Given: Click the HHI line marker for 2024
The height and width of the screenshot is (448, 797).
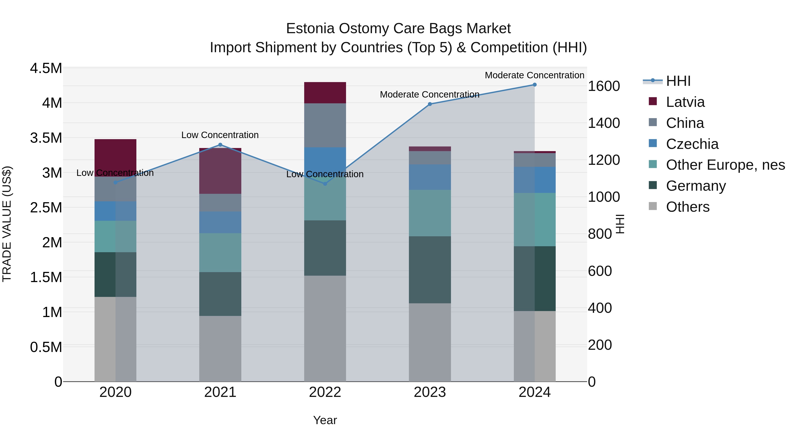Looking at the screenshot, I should [x=534, y=85].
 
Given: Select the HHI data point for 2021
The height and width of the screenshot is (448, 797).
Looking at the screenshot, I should [x=220, y=145].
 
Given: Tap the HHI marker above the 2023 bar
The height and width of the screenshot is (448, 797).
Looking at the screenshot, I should [x=430, y=104].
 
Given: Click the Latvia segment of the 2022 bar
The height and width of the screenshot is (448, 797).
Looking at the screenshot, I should [x=325, y=93].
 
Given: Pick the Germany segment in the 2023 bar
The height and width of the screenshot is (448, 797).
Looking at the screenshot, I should [x=430, y=270].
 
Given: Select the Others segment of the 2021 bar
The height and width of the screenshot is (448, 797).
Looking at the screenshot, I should [x=220, y=348].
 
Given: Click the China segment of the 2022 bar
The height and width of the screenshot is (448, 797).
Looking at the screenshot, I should [x=325, y=125].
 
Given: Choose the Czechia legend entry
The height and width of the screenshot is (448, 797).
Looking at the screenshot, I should [x=692, y=144].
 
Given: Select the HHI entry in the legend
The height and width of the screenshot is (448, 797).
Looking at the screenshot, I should [x=678, y=81].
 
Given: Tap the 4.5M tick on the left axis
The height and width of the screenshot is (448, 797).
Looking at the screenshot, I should [x=46, y=68].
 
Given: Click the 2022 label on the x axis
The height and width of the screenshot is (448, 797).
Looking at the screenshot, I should [x=325, y=392].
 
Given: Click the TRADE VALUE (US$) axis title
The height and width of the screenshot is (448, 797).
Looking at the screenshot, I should [x=7, y=224].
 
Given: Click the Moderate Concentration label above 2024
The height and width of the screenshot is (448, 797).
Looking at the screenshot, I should [x=534, y=75].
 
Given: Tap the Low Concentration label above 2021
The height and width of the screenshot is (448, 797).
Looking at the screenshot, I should [x=220, y=135].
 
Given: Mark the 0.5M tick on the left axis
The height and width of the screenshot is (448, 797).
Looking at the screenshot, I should [x=46, y=347].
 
